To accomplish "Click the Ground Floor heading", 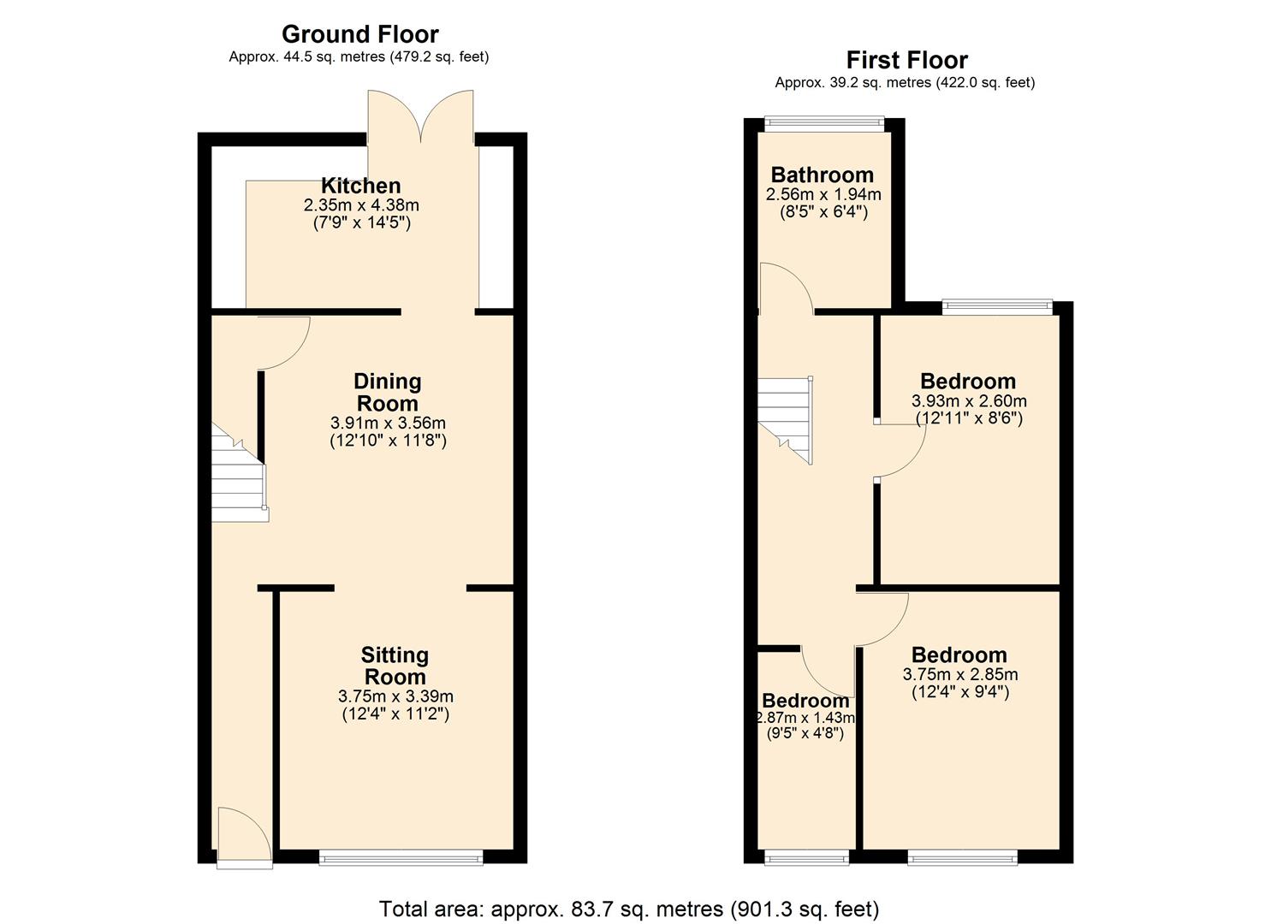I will [359, 34].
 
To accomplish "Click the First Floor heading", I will [906, 60].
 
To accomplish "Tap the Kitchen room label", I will [360, 186].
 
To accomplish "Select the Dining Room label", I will [387, 393].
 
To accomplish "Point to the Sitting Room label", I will [394, 666].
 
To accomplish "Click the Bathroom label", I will [822, 175].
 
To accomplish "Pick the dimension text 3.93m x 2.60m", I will [969, 400].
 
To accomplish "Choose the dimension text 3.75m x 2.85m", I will [959, 674].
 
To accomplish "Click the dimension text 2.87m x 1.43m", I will [805, 718].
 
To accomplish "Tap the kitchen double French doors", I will [420, 115].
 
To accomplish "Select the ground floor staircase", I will [238, 479].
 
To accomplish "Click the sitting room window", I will [401, 856].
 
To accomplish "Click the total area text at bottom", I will [629, 908].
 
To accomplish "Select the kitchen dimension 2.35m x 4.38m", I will [360, 205].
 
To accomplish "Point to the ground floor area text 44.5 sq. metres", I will [359, 57].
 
